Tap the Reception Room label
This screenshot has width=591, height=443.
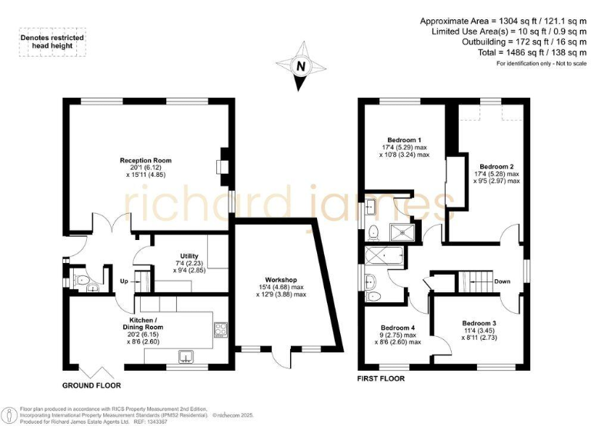(145, 160)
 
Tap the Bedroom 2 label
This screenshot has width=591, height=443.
(496, 166)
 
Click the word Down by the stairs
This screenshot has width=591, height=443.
(503, 281)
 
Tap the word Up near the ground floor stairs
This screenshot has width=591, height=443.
(124, 282)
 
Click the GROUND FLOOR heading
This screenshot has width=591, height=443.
(92, 385)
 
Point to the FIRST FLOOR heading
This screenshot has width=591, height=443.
(382, 379)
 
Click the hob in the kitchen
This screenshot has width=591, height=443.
(221, 328)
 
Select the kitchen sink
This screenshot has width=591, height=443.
(186, 356)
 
